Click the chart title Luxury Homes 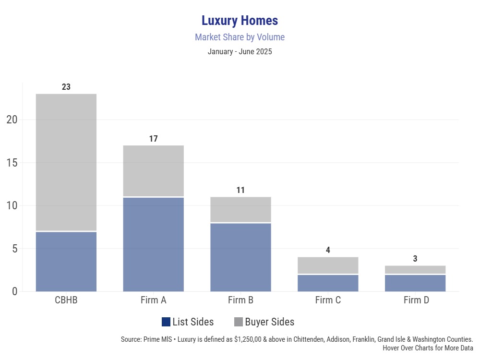click(x=240, y=21)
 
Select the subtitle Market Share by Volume click(x=240, y=37)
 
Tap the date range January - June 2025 click(x=240, y=51)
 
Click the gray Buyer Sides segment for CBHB click(x=66, y=162)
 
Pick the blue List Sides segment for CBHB click(x=66, y=262)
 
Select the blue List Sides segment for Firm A click(x=154, y=244)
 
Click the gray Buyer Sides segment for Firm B click(x=240, y=210)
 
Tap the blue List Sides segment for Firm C click(x=328, y=283)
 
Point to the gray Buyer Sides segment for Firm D click(x=415, y=270)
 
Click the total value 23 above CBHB click(x=66, y=87)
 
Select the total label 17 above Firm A click(x=154, y=139)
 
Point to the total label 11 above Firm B click(x=240, y=190)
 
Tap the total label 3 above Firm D click(x=415, y=259)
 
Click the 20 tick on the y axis click(x=12, y=120)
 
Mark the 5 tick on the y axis click(x=14, y=249)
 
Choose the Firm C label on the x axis click(x=328, y=300)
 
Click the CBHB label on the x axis click(x=66, y=300)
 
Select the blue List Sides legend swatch click(x=166, y=322)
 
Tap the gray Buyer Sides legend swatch click(x=239, y=322)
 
